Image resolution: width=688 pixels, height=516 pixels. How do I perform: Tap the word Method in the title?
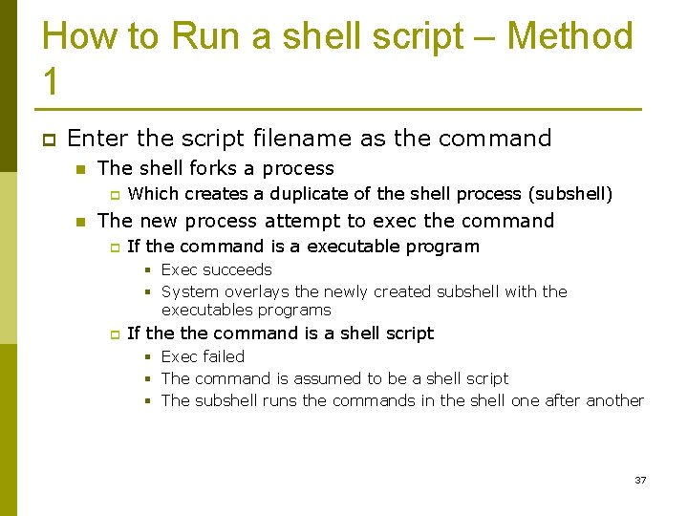click(570, 36)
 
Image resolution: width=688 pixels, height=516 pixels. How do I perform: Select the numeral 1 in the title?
click(52, 82)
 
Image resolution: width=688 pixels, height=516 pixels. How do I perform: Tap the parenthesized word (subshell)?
click(570, 194)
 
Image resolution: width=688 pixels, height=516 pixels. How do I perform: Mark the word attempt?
click(300, 221)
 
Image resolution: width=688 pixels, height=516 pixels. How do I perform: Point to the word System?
click(190, 291)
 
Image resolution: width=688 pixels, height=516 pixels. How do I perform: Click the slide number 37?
click(640, 480)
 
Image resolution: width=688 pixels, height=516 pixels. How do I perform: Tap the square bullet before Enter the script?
click(49, 139)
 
